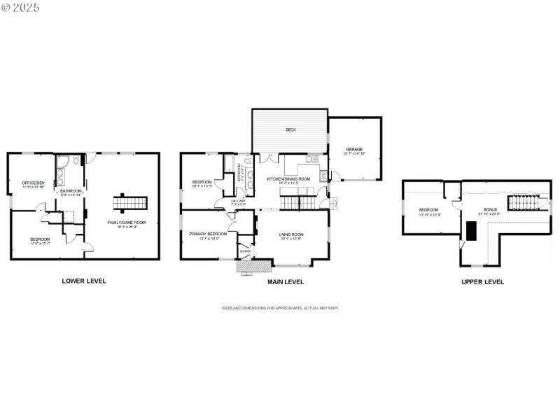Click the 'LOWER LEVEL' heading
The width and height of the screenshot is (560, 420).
(x=83, y=281)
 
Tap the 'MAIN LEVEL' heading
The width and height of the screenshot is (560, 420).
(x=285, y=282)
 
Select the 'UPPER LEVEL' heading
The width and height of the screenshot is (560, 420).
(x=482, y=282)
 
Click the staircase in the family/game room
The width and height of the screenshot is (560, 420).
(x=132, y=203)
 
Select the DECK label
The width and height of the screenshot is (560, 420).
(x=290, y=129)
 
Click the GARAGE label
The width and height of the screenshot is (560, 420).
(x=354, y=149)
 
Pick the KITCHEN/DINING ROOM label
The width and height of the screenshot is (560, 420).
(x=288, y=178)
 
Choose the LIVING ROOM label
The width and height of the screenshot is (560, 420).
(x=290, y=235)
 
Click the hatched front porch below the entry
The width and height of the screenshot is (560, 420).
(x=253, y=267)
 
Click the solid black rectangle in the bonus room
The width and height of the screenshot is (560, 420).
(x=471, y=231)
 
